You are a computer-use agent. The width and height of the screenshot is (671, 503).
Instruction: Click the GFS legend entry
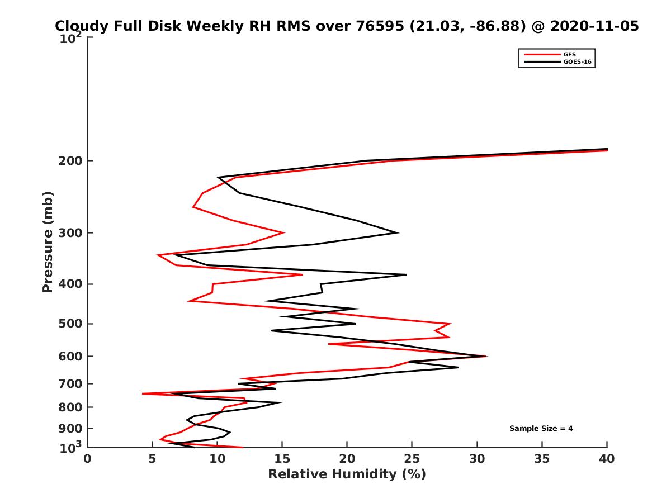pos(570,54)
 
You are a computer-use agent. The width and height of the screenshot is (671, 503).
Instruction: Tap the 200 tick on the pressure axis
pos(71,161)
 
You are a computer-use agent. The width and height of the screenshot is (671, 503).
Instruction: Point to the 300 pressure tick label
pos(71,233)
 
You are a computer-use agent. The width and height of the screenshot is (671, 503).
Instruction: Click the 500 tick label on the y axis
pos(71,324)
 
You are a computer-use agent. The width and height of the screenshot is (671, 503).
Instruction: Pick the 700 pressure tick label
pos(71,384)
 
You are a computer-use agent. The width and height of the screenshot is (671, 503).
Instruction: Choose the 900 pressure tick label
pos(71,429)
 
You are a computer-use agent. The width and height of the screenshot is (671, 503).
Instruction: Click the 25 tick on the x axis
pos(412,459)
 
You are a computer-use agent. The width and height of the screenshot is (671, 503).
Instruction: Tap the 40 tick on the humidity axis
pos(607,459)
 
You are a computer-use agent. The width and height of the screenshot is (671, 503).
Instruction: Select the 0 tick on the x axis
pos(88,459)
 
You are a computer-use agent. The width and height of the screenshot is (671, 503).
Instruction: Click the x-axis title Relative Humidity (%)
pos(347,474)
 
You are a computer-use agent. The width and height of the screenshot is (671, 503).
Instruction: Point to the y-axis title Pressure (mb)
pos(48,241)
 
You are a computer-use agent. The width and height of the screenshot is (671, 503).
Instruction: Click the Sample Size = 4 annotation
pos(541,429)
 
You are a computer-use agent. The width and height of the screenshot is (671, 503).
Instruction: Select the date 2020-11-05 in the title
pos(594,26)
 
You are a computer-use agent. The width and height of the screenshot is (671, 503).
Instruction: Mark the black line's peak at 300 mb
pos(398,232)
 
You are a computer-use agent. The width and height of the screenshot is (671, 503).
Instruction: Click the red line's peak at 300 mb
pos(284,232)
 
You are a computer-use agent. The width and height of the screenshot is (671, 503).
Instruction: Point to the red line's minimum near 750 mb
pos(143,393)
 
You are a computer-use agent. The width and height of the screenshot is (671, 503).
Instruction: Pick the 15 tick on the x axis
pos(282,459)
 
